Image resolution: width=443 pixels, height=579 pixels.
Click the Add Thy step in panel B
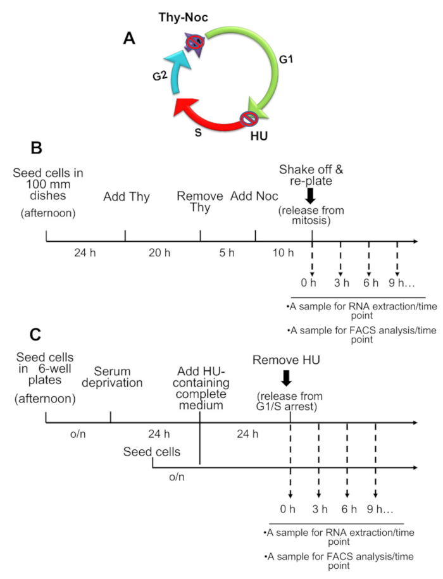126,197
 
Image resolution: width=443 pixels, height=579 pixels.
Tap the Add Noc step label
254,197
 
